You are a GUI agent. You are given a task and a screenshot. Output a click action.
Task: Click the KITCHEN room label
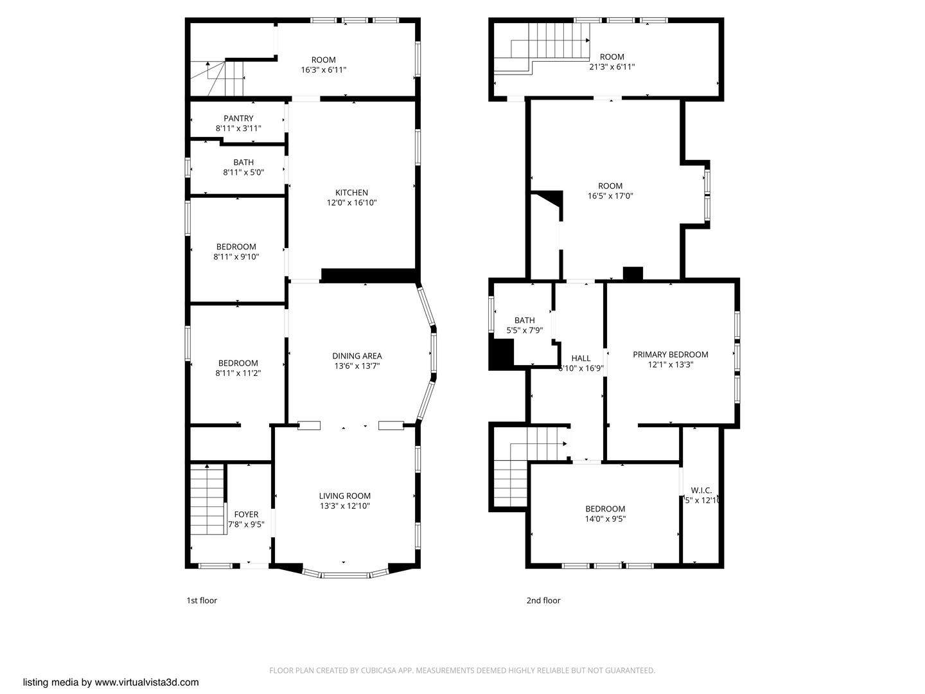(x=351, y=193)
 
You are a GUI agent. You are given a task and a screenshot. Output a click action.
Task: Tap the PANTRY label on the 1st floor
(x=238, y=119)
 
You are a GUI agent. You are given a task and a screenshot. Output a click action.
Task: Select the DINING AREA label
(x=357, y=356)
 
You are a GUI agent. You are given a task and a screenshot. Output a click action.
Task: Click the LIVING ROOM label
(x=344, y=496)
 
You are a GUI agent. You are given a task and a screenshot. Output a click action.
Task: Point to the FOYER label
(x=246, y=515)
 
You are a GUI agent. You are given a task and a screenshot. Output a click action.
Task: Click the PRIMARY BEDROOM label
(x=670, y=355)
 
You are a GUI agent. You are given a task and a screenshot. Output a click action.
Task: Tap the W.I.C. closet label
(x=701, y=490)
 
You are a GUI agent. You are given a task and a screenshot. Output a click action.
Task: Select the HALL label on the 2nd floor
(x=581, y=359)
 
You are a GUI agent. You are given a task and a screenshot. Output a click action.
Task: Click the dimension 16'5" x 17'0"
(x=610, y=196)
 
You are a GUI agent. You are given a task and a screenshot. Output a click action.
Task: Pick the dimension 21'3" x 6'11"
(x=612, y=67)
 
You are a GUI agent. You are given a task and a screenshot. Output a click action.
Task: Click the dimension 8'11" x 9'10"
(x=236, y=257)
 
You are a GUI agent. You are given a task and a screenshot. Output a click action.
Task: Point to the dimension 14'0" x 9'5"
(x=605, y=519)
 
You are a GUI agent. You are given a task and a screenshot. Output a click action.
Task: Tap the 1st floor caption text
(x=202, y=601)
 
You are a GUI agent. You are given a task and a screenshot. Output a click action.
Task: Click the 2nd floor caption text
(x=543, y=601)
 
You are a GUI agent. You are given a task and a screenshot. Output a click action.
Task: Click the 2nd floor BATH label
(x=524, y=321)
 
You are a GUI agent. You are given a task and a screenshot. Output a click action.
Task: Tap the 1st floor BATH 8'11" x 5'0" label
(x=243, y=163)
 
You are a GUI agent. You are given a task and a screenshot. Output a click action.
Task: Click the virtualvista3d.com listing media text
(x=111, y=682)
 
